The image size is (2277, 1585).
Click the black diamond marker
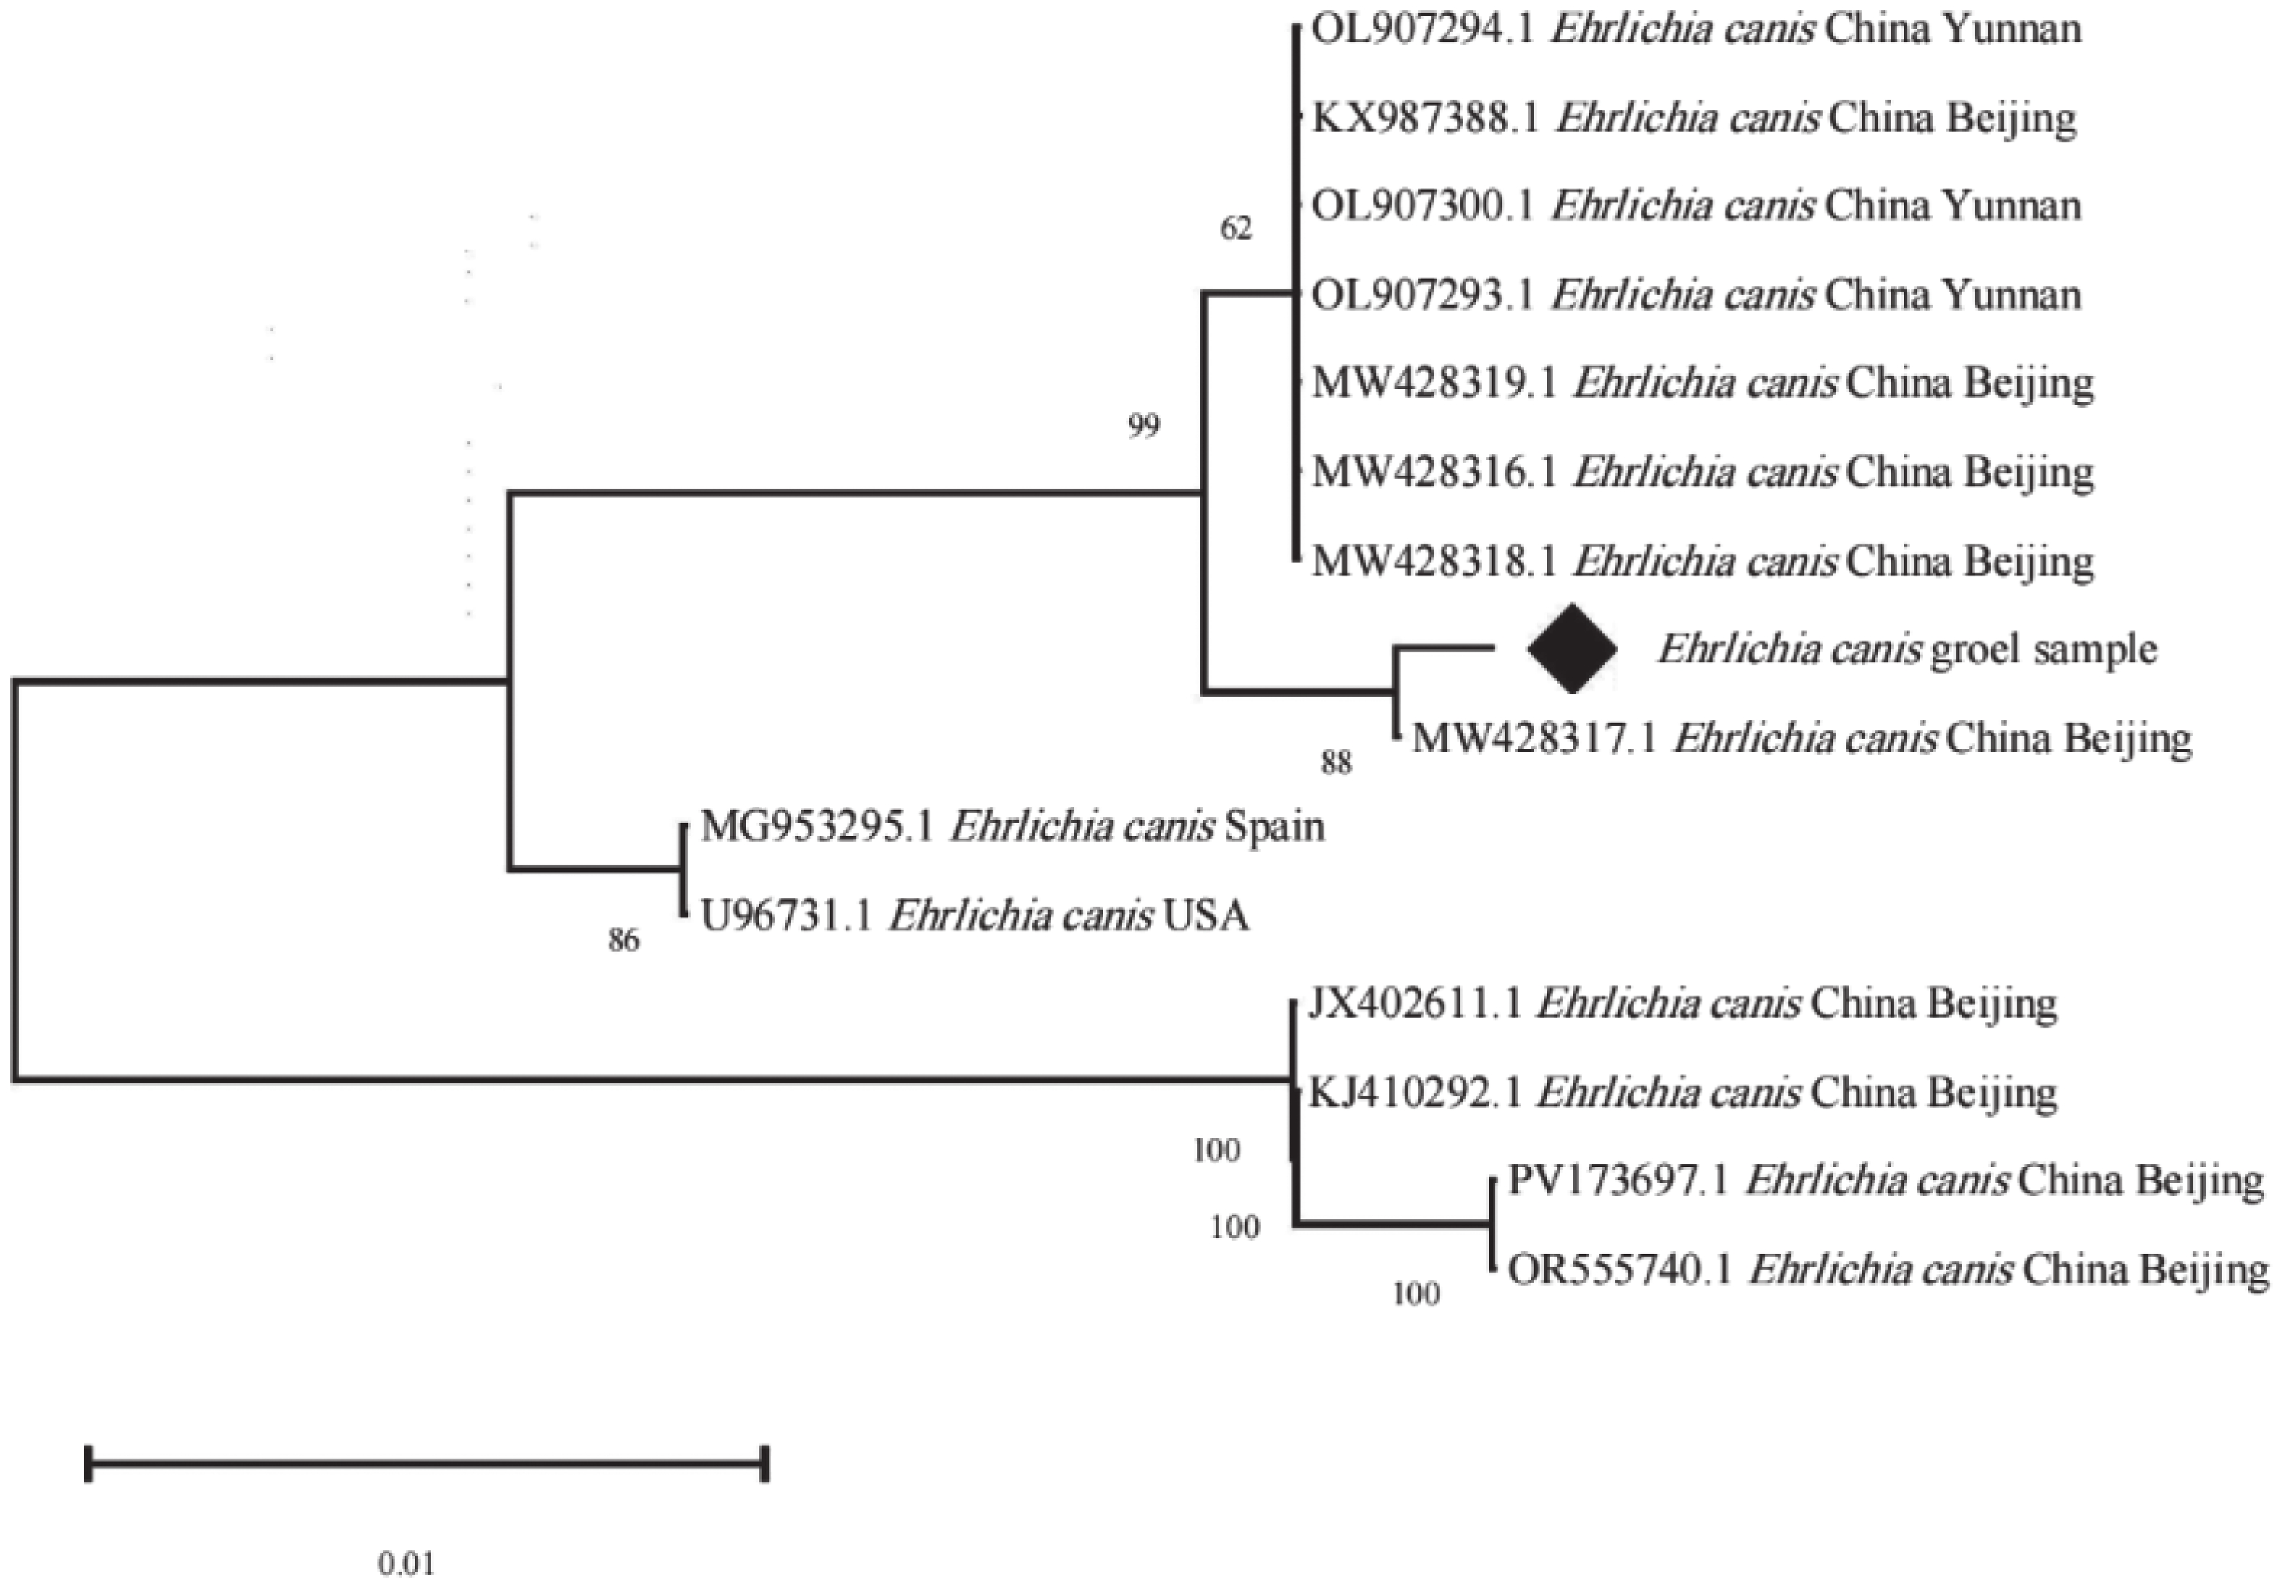(1572, 649)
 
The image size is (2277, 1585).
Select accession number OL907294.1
(1423, 30)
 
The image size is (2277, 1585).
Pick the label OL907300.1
(1423, 206)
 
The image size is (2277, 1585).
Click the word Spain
(1274, 826)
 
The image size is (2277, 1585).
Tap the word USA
(1206, 915)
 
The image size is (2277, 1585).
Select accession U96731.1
(786, 915)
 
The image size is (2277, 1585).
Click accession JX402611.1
(1414, 1004)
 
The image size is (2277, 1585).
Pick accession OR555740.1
(1619, 1270)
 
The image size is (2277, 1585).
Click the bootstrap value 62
(1235, 229)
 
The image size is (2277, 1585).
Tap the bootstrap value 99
(1144, 427)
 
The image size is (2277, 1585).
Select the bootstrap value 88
(1336, 763)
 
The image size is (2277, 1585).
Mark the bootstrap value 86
(624, 940)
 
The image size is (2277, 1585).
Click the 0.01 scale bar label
(406, 1564)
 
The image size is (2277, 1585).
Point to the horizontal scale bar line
(426, 1463)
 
